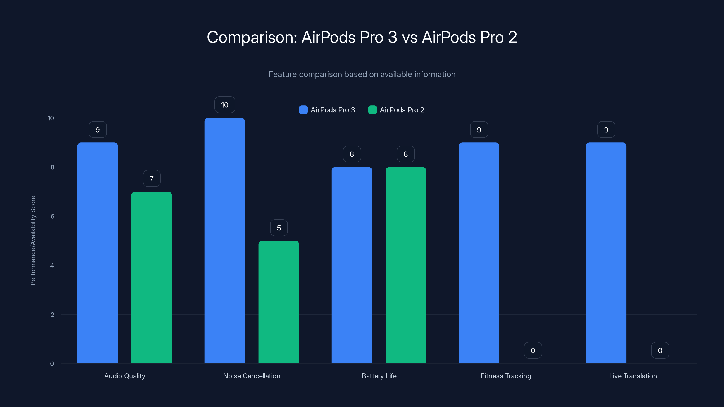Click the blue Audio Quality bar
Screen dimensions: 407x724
(98, 253)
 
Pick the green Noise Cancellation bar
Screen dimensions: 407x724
(279, 302)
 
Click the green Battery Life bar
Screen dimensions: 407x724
(406, 265)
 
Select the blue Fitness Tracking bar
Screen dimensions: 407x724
(479, 253)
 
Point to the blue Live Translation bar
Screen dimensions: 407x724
(606, 253)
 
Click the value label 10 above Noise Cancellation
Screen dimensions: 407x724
(225, 105)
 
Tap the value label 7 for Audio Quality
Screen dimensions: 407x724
(152, 178)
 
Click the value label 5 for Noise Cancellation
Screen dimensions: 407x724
(279, 227)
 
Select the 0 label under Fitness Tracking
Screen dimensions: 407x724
(533, 350)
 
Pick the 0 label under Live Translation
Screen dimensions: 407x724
(660, 350)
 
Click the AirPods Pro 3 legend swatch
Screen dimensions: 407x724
(303, 110)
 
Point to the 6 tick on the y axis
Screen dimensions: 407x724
(52, 216)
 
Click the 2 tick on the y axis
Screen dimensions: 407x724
(52, 315)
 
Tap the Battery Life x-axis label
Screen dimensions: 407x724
(379, 376)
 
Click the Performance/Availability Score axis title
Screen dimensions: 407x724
(33, 240)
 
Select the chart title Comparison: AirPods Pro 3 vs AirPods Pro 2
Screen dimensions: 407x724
(362, 37)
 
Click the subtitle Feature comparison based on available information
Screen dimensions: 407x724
(362, 74)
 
